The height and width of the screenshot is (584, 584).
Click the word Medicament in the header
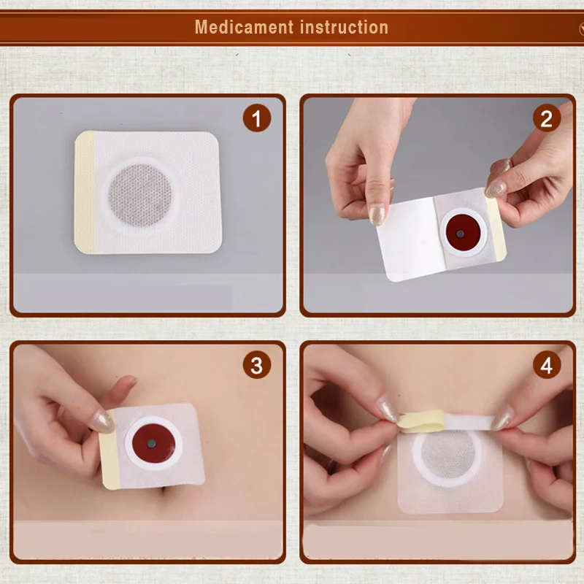click(x=245, y=27)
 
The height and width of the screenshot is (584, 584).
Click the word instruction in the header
click(x=344, y=27)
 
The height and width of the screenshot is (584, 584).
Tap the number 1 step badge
click(x=257, y=118)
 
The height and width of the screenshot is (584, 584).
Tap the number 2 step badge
click(x=546, y=118)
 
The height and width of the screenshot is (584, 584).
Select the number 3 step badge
click(x=257, y=365)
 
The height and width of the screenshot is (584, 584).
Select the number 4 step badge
click(x=546, y=365)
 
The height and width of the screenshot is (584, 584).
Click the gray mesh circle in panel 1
click(x=140, y=195)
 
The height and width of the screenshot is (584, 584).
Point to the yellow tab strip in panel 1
click(x=84, y=192)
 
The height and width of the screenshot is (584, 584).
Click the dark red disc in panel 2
click(x=463, y=232)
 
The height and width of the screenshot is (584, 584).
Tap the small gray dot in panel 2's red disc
click(x=461, y=234)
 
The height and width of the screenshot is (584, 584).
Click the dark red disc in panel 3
click(x=153, y=443)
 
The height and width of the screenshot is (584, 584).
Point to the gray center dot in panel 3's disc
click(x=151, y=443)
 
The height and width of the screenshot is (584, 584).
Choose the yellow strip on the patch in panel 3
click(x=109, y=450)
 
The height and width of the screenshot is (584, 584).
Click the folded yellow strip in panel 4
click(x=422, y=421)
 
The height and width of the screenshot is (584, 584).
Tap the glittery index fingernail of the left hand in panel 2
click(x=377, y=215)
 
